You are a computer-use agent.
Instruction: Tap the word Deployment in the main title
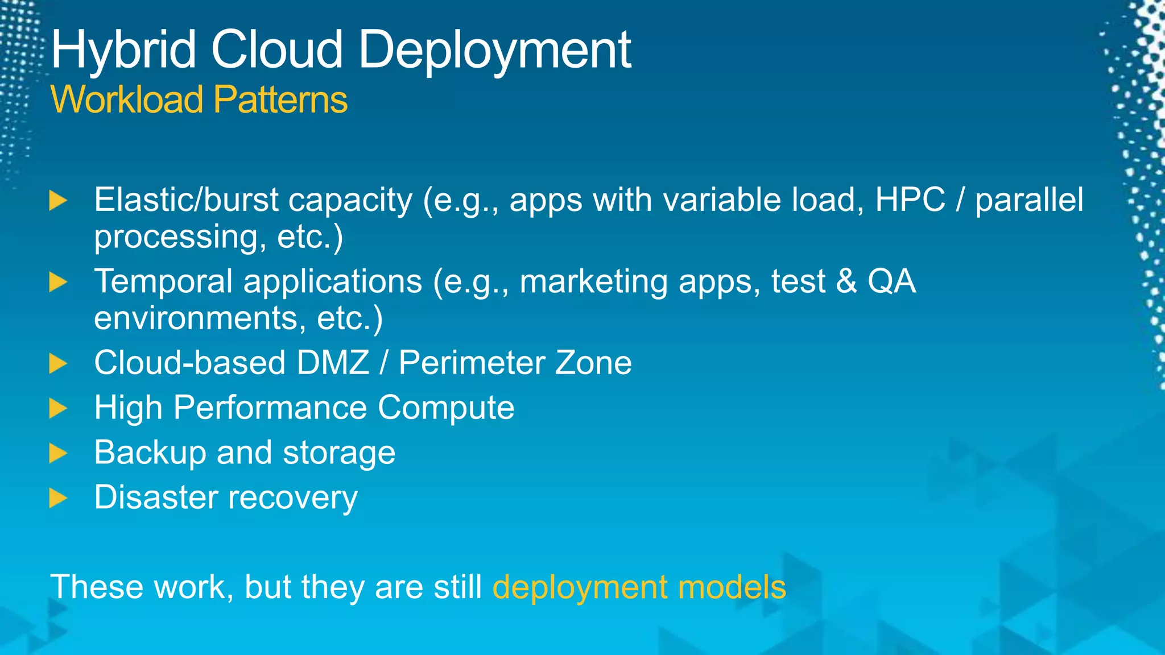click(x=495, y=51)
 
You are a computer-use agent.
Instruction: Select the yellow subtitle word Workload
click(x=127, y=100)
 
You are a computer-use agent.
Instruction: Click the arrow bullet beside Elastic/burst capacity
click(x=58, y=201)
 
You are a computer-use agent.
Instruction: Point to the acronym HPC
click(x=910, y=200)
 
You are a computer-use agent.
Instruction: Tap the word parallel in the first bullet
click(x=1030, y=200)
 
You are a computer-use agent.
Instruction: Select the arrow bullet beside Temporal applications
click(x=58, y=282)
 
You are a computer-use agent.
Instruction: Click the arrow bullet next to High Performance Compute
click(x=58, y=408)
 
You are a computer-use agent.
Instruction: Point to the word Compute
click(x=446, y=408)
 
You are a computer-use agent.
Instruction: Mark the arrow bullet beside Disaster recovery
click(x=58, y=498)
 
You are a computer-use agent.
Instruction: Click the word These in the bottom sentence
click(x=97, y=587)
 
